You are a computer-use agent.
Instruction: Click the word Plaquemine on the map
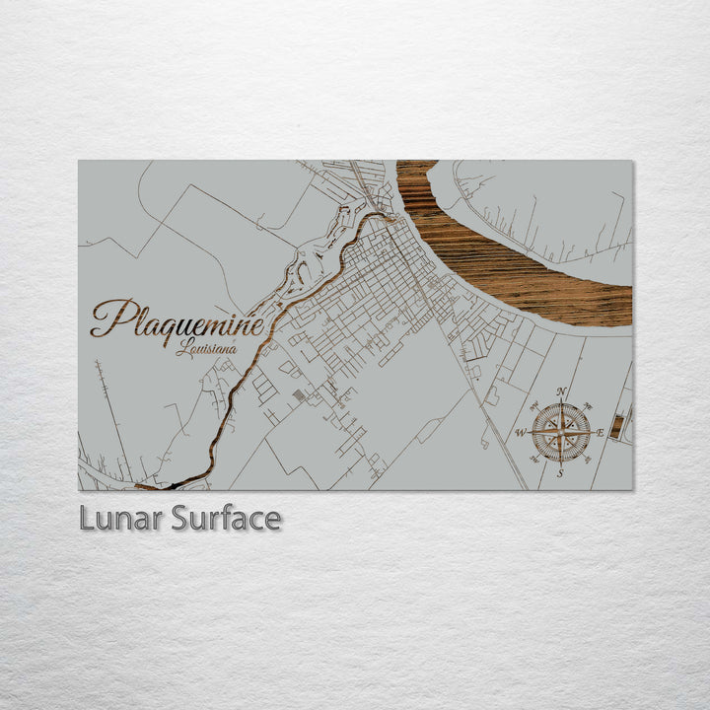[177, 319]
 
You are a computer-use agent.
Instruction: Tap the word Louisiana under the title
[206, 348]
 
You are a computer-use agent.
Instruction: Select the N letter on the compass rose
[561, 392]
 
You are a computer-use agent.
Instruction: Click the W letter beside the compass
[521, 433]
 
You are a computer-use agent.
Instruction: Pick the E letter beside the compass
[600, 433]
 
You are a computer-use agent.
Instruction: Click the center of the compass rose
[561, 433]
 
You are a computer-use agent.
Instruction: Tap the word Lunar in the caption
[120, 519]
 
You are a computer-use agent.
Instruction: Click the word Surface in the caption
[226, 519]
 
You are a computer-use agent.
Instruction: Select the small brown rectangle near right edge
[616, 426]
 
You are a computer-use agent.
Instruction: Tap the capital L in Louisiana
[182, 347]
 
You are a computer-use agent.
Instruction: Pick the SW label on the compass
[533, 461]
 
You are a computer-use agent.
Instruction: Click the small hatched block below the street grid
[300, 395]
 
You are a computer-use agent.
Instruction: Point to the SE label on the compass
[589, 461]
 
